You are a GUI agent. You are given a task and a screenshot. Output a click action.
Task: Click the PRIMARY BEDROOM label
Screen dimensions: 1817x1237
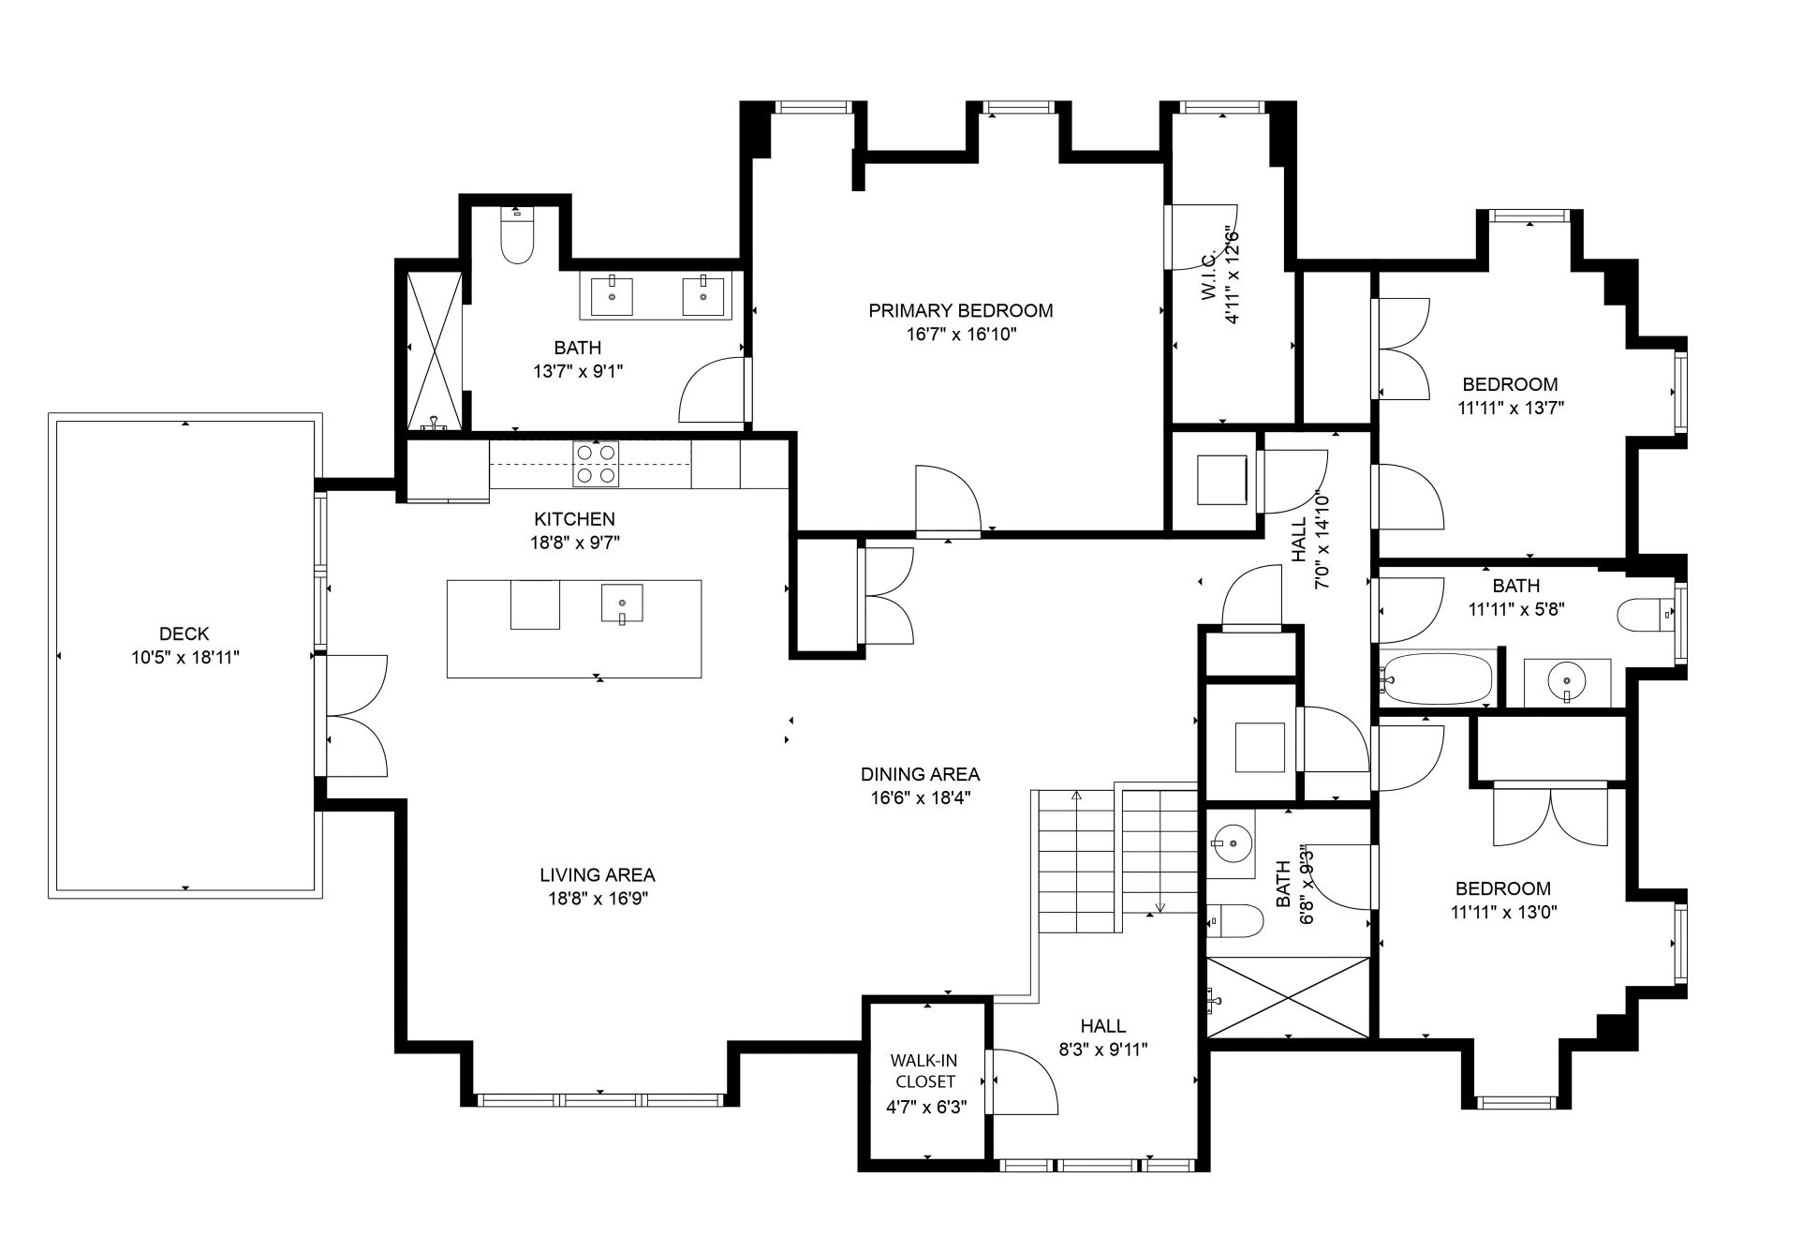tap(960, 310)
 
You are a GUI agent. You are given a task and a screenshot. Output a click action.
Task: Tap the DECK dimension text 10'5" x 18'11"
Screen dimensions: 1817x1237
tap(185, 658)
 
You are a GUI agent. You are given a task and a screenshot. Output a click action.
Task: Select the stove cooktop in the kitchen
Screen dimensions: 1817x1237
tap(596, 464)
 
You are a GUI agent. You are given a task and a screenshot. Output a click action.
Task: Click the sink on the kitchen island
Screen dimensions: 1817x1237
tap(622, 604)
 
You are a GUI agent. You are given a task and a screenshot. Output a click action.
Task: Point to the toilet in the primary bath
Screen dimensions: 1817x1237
tap(516, 235)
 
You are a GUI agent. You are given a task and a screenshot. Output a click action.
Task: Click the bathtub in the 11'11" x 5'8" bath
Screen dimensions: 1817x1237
tap(1437, 679)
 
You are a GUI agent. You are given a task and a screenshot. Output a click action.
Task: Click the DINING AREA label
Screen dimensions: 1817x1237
tap(920, 774)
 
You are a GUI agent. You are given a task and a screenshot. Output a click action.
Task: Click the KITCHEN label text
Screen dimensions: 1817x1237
tap(574, 519)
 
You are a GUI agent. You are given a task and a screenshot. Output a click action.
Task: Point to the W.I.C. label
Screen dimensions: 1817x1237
tap(1209, 276)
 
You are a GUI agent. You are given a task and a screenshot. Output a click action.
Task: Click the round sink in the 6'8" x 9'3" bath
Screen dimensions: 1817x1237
tap(1233, 844)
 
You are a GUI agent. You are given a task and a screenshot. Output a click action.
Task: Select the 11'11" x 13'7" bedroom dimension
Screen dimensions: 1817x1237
tap(1511, 409)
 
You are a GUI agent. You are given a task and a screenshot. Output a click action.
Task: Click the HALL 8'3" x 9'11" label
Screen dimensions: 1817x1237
tap(1103, 1038)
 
